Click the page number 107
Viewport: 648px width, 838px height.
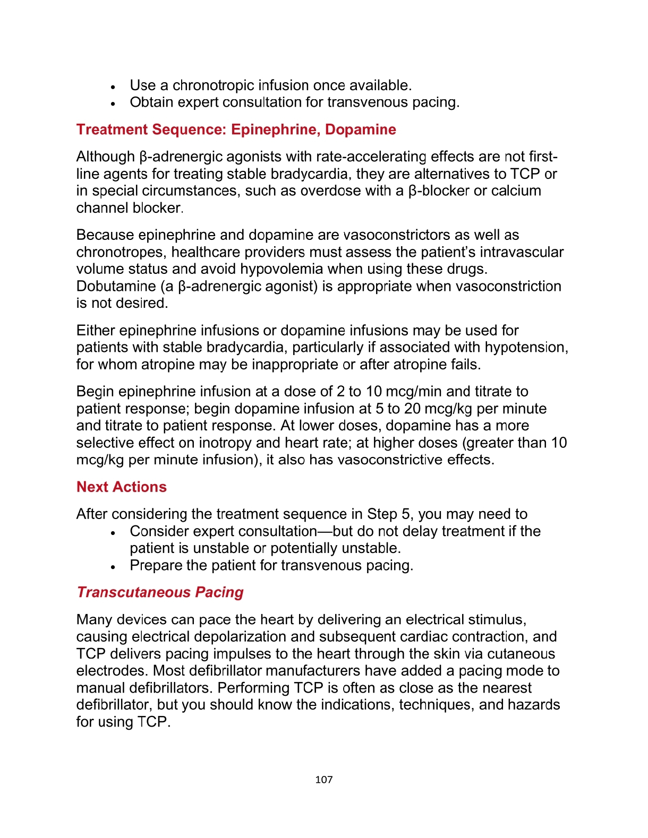pos(323,780)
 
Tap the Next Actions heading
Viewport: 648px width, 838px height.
pos(122,487)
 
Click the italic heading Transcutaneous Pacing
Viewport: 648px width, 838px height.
pos(160,592)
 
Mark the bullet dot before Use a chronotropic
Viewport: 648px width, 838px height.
pos(113,87)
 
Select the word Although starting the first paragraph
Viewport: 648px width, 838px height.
pos(105,157)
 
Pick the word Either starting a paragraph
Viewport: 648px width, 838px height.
pos(96,331)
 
